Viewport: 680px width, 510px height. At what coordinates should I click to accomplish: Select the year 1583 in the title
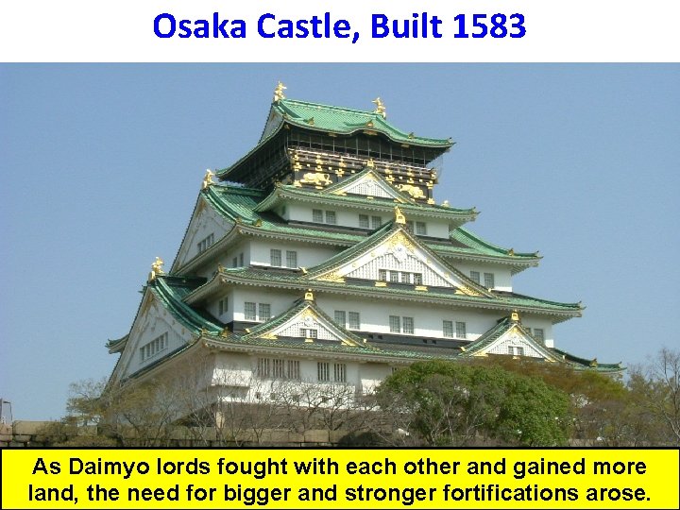[488, 26]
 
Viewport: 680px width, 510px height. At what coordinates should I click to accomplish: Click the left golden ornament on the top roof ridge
[280, 92]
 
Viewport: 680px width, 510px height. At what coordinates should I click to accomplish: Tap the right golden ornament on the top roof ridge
[380, 106]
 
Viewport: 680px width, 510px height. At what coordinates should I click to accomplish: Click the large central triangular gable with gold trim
[401, 255]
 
